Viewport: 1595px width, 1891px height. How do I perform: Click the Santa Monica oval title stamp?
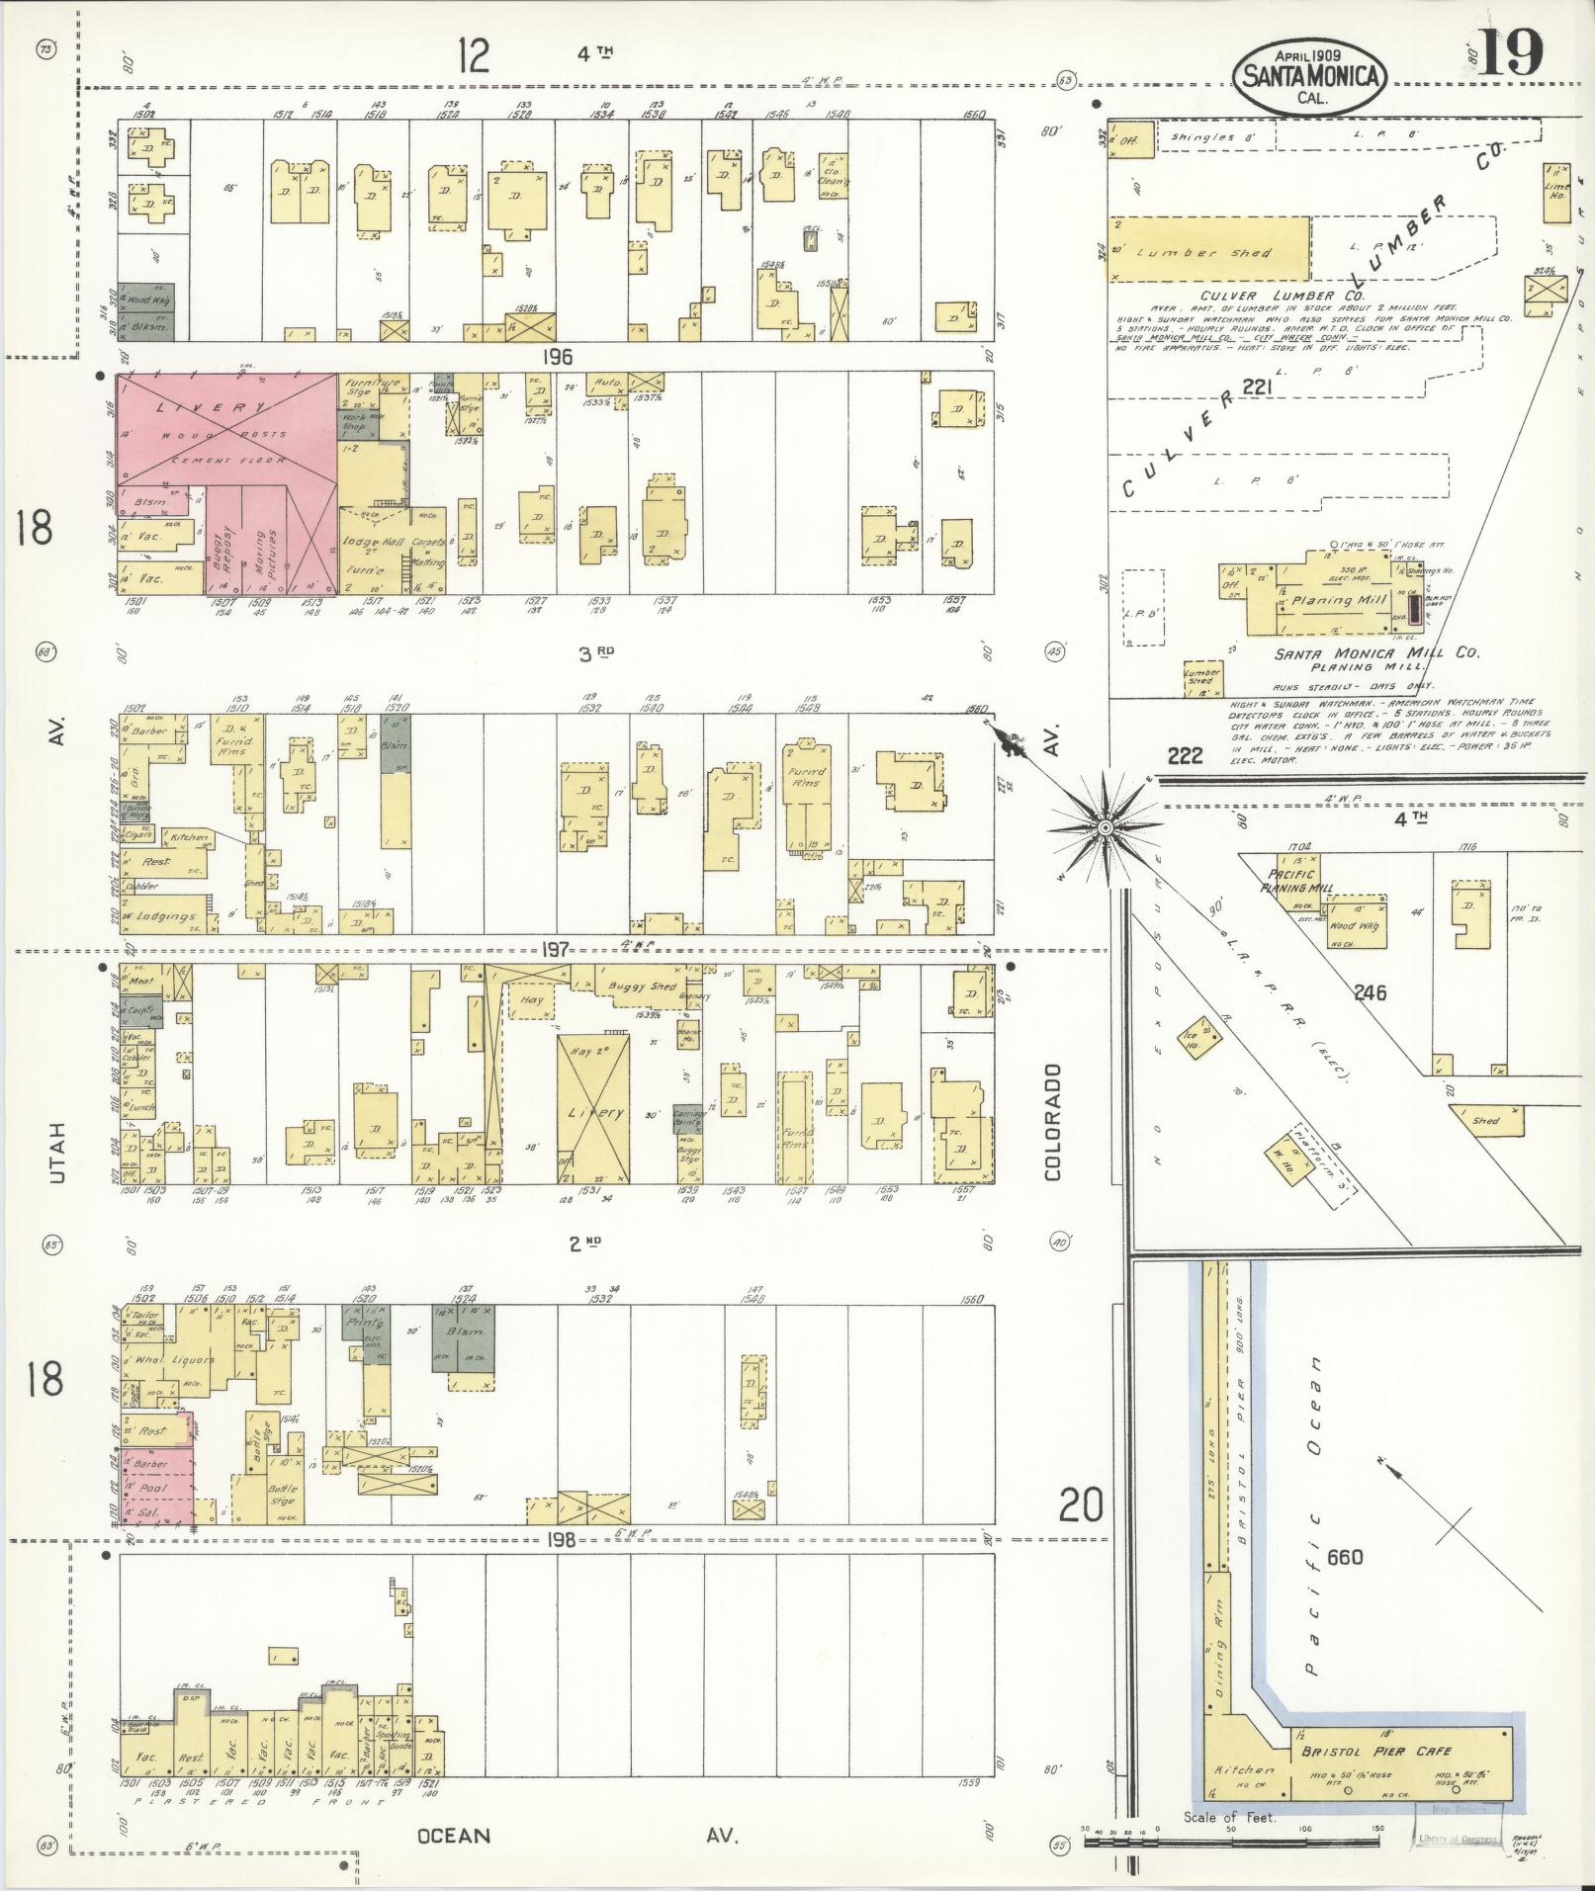pyautogui.click(x=1309, y=74)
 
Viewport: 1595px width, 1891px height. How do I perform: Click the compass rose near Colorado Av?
pyautogui.click(x=1106, y=826)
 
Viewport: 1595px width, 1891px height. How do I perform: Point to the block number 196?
pyautogui.click(x=558, y=357)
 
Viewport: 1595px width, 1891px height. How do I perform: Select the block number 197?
pyautogui.click(x=556, y=951)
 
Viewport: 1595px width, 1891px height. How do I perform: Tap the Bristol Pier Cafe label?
pyautogui.click(x=1375, y=1752)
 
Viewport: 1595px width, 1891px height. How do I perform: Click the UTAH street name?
pyautogui.click(x=57, y=1155)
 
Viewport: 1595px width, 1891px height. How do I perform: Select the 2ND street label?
pyautogui.click(x=585, y=1243)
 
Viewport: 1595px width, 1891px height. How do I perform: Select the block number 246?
pyautogui.click(x=1371, y=992)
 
